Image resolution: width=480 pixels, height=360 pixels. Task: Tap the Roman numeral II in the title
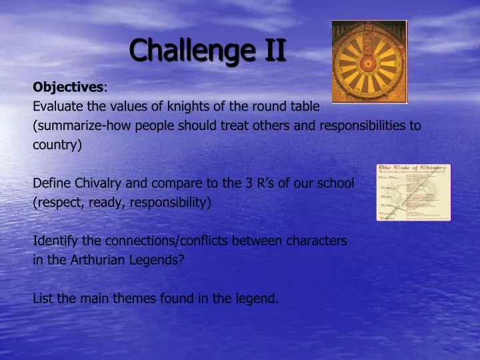coord(272,50)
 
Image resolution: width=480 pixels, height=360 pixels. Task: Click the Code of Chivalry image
coord(413,192)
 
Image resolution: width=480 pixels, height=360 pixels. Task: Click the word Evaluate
coord(57,107)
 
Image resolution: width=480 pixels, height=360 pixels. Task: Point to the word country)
coord(57,145)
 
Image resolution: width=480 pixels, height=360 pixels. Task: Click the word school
coord(335,183)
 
